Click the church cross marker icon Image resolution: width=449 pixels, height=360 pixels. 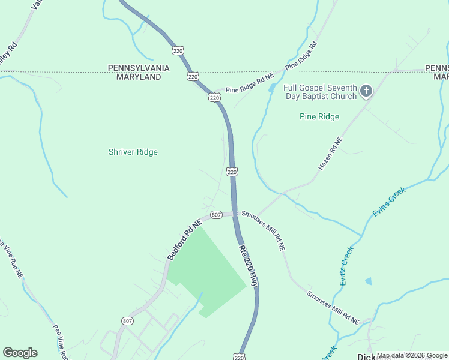tap(366, 92)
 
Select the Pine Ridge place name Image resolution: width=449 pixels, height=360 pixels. tap(319, 116)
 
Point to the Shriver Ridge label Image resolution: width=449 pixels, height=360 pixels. tap(133, 152)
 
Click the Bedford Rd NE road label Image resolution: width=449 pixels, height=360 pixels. tap(183, 238)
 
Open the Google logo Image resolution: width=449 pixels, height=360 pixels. tap(20, 353)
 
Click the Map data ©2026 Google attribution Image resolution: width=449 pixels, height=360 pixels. tap(412, 355)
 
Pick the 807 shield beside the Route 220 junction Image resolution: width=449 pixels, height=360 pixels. tap(217, 214)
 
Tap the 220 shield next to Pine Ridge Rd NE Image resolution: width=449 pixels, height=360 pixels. tap(214, 97)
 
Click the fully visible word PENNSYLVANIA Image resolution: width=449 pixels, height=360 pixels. tap(139, 68)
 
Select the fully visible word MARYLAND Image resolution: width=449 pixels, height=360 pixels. tap(139, 77)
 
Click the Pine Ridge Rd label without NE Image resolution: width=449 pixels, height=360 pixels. tap(301, 55)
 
